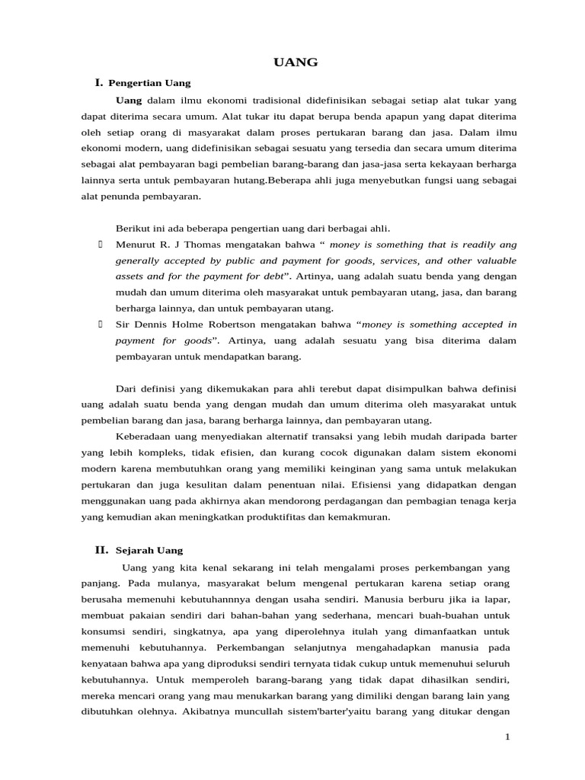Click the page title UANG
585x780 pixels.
point(296,62)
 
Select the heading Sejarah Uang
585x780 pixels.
point(149,550)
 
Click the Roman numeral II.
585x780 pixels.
point(101,549)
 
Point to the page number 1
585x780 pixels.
point(507,737)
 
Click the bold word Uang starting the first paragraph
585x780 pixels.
point(129,100)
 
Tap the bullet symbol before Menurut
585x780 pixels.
point(101,245)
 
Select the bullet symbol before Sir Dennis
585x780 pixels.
point(101,324)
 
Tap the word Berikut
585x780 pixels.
point(133,228)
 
